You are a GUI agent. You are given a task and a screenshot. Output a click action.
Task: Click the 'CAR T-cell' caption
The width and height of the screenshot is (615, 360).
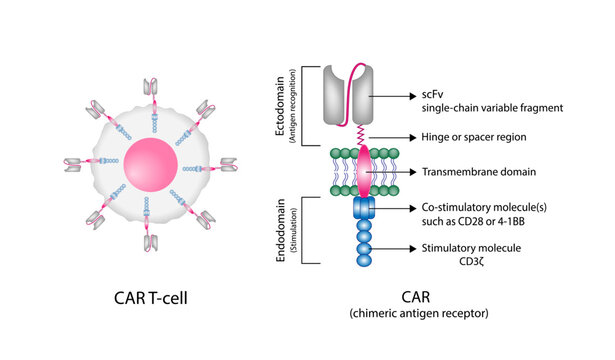(x=150, y=299)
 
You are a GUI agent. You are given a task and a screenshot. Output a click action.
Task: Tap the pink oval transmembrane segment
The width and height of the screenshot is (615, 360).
(x=363, y=170)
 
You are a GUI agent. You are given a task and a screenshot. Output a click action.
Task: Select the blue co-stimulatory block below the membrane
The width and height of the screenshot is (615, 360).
(x=363, y=207)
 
